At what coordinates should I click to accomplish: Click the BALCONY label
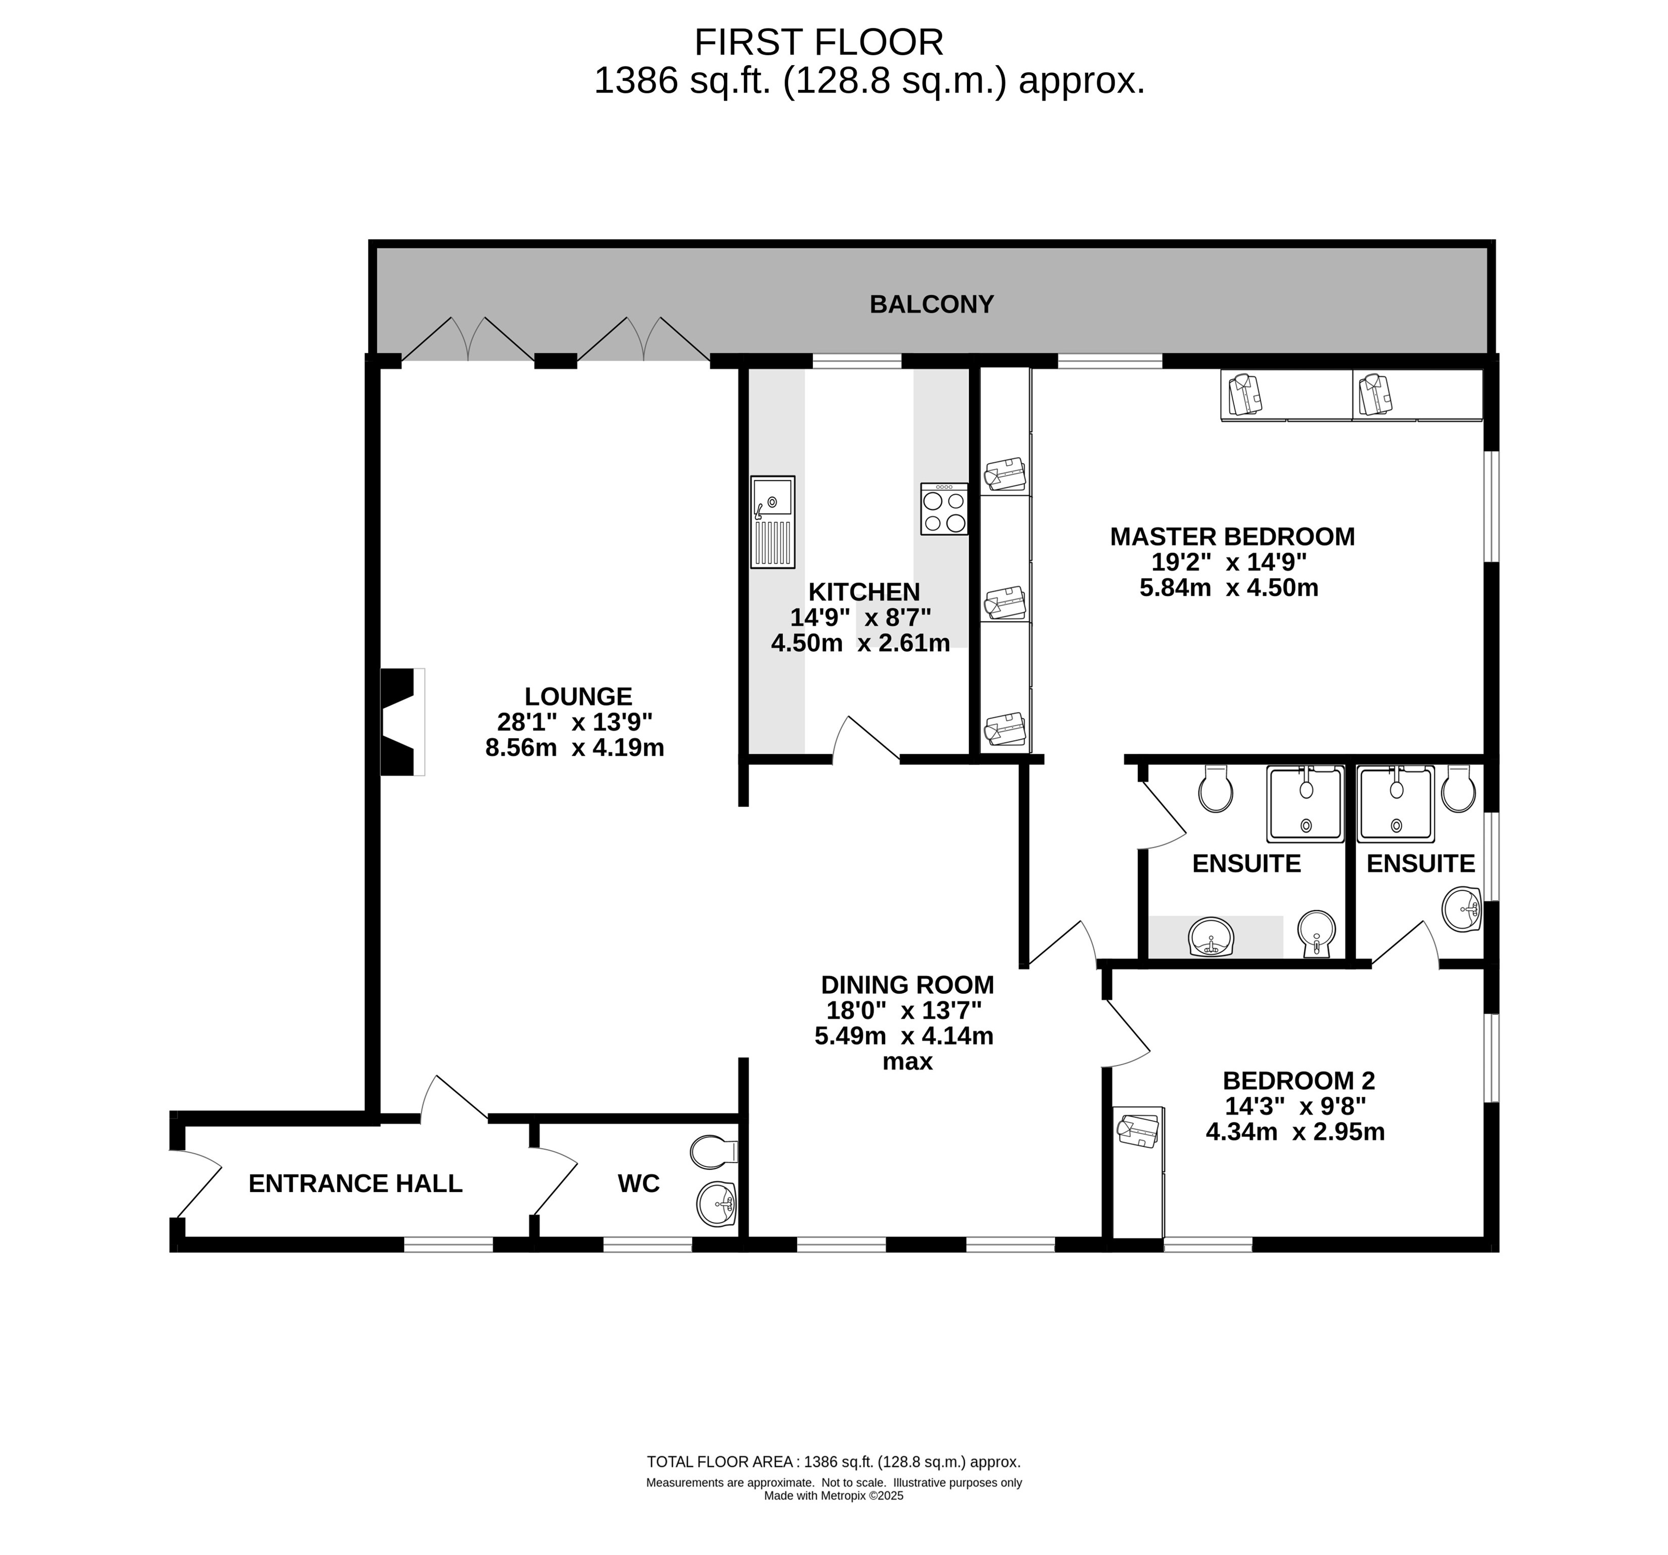coord(932,304)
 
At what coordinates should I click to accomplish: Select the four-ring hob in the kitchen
coord(944,509)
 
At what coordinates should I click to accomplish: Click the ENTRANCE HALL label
coord(356,1183)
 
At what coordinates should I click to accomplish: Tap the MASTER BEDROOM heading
coord(1232,536)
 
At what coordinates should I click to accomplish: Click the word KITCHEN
coord(864,591)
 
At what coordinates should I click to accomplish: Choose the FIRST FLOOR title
coord(819,42)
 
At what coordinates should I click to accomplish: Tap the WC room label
coord(638,1183)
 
